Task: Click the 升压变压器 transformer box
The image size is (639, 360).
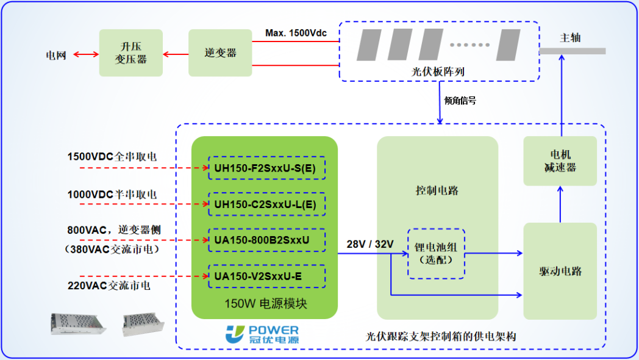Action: coord(131,52)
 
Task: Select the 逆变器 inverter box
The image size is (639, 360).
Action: coord(220,53)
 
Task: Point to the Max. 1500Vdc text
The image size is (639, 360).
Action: coord(296,32)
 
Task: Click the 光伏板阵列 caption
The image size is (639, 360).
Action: coord(438,71)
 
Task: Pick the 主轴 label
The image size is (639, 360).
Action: coord(570,38)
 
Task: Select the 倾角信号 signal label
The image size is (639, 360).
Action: coord(460,101)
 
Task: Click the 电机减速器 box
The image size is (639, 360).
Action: coord(560,161)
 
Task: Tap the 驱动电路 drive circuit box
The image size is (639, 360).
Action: coord(560,271)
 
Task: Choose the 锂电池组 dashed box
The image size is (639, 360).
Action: coord(436,253)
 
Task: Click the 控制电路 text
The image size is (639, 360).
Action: coord(437,190)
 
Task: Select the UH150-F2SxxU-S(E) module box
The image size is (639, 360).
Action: coord(266,168)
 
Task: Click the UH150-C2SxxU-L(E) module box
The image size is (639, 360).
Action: coord(266,204)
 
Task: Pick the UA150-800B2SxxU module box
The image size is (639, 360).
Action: coord(266,240)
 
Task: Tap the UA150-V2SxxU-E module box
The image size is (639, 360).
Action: coord(266,276)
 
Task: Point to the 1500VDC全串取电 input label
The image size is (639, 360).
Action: coord(112,157)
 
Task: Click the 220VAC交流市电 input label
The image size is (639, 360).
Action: coord(109,285)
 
